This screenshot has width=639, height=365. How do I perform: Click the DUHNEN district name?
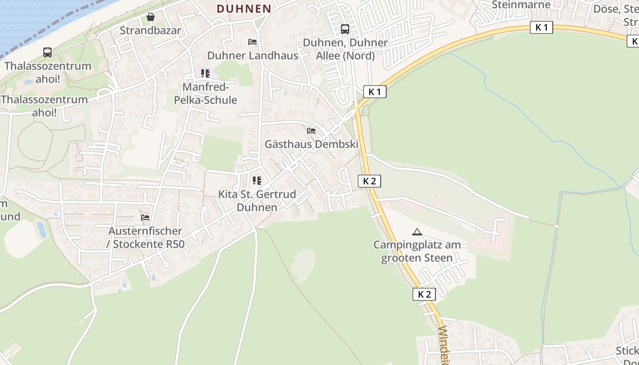pyautogui.click(x=244, y=9)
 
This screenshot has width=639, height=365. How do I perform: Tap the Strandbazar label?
pyautogui.click(x=150, y=31)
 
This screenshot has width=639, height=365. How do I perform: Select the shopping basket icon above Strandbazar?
pyautogui.click(x=150, y=17)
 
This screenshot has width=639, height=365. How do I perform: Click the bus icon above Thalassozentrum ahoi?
pyautogui.click(x=47, y=52)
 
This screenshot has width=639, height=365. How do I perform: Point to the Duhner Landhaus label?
pyautogui.click(x=252, y=56)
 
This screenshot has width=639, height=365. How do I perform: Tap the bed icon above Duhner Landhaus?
pyautogui.click(x=252, y=42)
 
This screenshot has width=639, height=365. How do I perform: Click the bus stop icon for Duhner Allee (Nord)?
pyautogui.click(x=345, y=29)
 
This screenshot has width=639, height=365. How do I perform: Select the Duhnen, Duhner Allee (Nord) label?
pyautogui.click(x=346, y=49)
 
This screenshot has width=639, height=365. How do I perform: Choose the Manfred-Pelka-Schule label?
pyautogui.click(x=205, y=93)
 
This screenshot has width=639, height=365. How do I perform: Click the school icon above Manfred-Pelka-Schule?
pyautogui.click(x=205, y=73)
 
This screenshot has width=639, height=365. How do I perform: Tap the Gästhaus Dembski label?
pyautogui.click(x=311, y=144)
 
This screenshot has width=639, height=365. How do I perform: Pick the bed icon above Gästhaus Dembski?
pyautogui.click(x=311, y=130)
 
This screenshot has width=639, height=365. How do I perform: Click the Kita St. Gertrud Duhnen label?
pyautogui.click(x=257, y=201)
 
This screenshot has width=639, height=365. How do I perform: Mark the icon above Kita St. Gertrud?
pyautogui.click(x=257, y=181)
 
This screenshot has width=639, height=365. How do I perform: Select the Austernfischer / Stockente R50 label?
pyautogui.click(x=146, y=237)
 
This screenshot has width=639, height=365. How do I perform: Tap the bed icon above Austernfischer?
pyautogui.click(x=145, y=218)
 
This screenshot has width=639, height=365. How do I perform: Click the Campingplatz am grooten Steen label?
pyautogui.click(x=417, y=251)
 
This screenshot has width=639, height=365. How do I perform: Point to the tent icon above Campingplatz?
pyautogui.click(x=417, y=232)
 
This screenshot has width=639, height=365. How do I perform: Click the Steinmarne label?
pyautogui.click(x=521, y=5)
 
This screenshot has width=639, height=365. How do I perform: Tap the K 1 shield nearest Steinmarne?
pyautogui.click(x=541, y=27)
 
